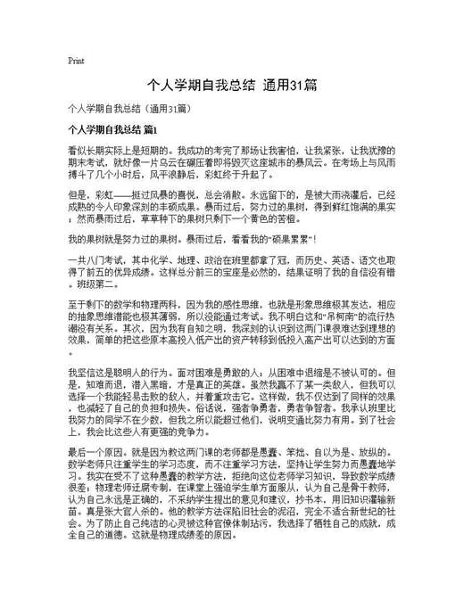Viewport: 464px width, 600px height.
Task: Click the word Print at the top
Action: coord(76,61)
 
